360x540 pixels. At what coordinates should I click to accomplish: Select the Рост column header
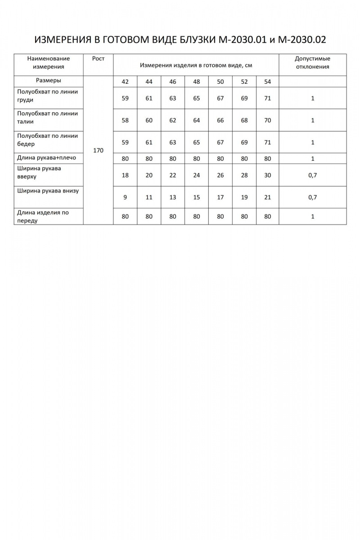click(98, 59)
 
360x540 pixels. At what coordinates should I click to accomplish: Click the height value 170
click(98, 150)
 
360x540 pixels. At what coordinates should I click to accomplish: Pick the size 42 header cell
click(125, 81)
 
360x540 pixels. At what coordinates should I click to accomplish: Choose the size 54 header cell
click(268, 81)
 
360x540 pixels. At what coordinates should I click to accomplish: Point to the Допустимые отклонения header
click(312, 63)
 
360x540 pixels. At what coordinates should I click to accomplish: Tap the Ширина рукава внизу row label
click(48, 190)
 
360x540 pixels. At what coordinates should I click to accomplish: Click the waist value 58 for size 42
click(125, 120)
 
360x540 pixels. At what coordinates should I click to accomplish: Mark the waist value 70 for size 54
click(268, 120)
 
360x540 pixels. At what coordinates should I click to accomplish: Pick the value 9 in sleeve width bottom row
click(125, 197)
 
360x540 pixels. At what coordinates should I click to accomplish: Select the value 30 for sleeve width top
click(268, 175)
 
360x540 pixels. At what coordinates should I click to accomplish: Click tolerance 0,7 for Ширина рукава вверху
click(312, 175)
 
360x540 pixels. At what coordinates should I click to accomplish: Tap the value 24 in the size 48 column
click(197, 175)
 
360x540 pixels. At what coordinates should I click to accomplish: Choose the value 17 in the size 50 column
click(220, 197)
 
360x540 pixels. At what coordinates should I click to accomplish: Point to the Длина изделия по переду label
click(43, 216)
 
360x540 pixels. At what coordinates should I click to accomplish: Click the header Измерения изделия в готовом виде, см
click(196, 65)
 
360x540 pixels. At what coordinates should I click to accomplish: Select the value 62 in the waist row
click(173, 120)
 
